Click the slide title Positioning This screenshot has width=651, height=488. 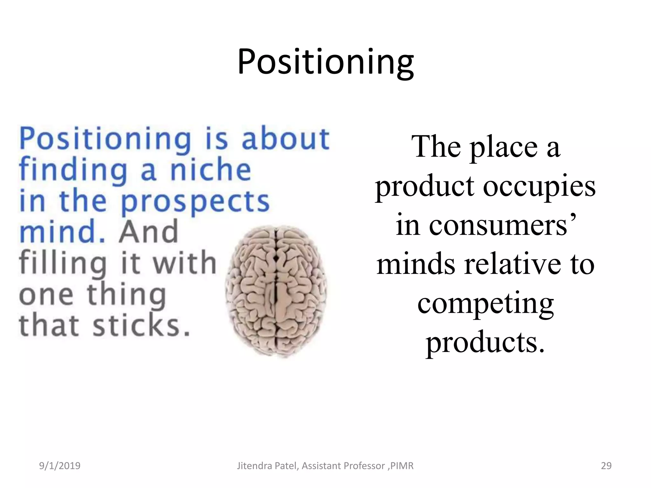(x=325, y=62)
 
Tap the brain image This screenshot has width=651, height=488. (x=276, y=292)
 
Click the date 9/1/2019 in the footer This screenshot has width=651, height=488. (x=60, y=466)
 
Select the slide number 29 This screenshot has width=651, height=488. (x=606, y=466)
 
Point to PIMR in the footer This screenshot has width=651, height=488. (x=402, y=466)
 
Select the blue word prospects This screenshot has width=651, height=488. (x=195, y=202)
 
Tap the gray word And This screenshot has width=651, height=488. (x=148, y=232)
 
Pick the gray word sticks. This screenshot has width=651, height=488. (x=141, y=325)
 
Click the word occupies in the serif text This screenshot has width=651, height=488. (x=539, y=187)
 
